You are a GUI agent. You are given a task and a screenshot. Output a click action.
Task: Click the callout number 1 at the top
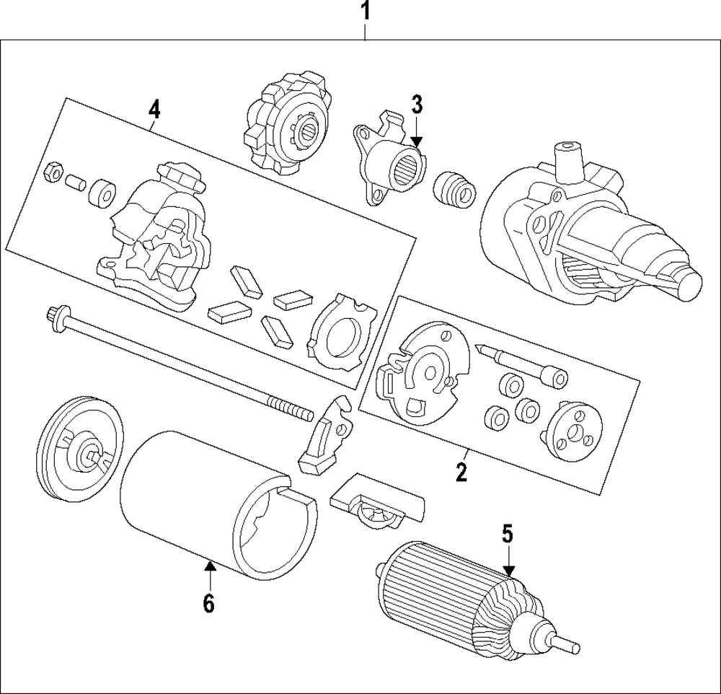pos(366,12)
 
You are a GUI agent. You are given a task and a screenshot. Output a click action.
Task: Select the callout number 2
pos(461,473)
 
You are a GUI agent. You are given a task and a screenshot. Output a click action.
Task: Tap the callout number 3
pos(417,104)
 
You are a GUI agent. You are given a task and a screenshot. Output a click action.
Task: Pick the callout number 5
pos(508,535)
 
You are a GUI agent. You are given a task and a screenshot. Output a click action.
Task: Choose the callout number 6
pos(208,604)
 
